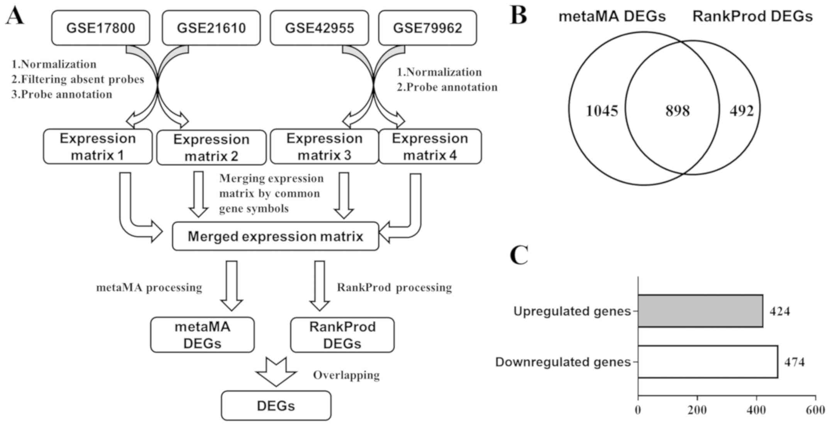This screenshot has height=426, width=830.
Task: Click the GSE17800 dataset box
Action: [x=100, y=28]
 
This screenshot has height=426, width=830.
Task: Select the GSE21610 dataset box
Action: [x=211, y=28]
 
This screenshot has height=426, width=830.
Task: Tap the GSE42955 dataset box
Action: [x=319, y=28]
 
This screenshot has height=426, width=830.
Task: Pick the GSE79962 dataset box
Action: [x=427, y=28]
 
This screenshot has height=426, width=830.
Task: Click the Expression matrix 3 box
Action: [x=324, y=147]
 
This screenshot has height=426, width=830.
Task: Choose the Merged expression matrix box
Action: [x=275, y=236]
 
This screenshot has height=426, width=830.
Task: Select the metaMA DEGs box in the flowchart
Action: [x=202, y=335]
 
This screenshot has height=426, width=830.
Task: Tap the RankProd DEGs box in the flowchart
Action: [x=342, y=335]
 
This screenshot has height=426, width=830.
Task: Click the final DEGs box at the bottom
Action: [x=276, y=406]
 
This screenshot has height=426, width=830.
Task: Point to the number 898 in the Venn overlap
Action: [x=678, y=111]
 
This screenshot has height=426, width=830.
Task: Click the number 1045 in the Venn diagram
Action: [x=602, y=111]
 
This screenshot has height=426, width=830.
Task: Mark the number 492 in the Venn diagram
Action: [x=741, y=111]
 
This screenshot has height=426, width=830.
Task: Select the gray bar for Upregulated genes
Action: [x=700, y=311]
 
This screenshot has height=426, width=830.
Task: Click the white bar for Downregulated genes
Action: [x=708, y=362]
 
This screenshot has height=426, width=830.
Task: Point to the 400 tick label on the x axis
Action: [x=756, y=410]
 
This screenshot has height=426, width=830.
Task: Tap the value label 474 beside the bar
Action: [x=794, y=362]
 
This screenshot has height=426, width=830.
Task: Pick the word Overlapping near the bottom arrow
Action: [x=346, y=375]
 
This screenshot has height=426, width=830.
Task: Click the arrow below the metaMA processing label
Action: [x=232, y=286]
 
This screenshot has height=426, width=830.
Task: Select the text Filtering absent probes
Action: [x=82, y=79]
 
